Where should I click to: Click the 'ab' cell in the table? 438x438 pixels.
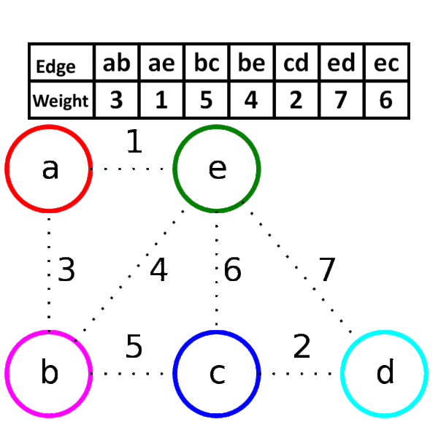[117, 63]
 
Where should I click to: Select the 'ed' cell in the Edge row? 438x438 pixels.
[342, 63]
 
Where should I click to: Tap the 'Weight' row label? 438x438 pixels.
[61, 101]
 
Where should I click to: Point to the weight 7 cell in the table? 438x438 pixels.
[342, 100]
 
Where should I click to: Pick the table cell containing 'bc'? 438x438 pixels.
[207, 63]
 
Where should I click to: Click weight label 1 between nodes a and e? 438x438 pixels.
[134, 141]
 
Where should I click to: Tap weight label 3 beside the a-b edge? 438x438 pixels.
[66, 269]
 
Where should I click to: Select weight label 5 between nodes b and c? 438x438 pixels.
[134, 346]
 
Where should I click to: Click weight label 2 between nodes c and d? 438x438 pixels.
[302, 346]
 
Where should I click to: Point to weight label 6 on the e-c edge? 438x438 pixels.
[232, 269]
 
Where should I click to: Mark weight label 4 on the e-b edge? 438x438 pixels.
[159, 269]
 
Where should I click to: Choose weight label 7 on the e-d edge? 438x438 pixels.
[327, 269]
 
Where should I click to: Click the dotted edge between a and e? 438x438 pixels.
[133, 169]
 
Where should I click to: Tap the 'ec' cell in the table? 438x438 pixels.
[386, 63]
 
